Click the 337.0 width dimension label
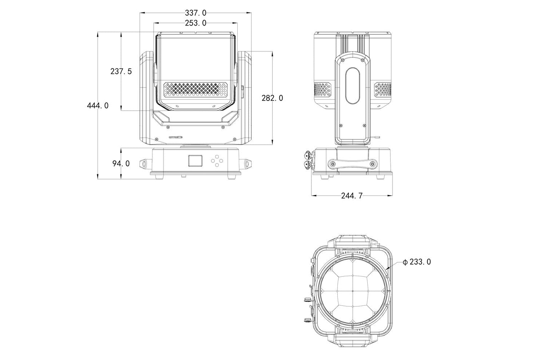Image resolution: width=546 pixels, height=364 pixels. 195,13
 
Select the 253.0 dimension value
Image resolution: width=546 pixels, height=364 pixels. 195,23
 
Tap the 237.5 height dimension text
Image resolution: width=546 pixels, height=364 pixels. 121,71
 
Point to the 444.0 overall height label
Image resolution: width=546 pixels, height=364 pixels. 98,105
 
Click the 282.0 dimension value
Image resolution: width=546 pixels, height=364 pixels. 272,98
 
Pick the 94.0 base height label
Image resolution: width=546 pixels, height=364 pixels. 121,164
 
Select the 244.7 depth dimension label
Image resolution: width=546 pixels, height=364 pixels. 352,195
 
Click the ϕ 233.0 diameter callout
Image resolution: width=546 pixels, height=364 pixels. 417,262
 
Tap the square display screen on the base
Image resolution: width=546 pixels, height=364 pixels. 195,160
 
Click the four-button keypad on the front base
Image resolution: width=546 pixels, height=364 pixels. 217,161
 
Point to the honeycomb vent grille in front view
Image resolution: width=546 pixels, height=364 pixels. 195,89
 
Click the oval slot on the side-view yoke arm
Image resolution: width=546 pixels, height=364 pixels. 353,85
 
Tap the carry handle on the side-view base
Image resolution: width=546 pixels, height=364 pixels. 353,164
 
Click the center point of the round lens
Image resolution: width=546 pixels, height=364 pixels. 353,291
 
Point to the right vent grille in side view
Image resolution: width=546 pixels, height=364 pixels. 383,89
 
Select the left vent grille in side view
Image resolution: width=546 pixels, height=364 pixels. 323,89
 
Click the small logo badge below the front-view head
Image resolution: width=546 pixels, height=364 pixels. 176,137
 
